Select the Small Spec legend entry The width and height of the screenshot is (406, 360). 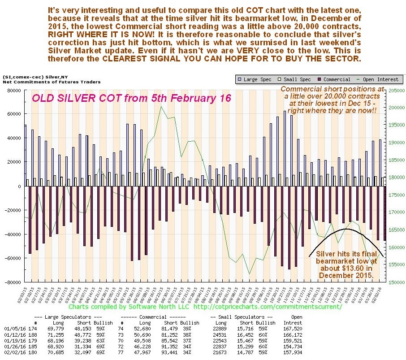point(295,79)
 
